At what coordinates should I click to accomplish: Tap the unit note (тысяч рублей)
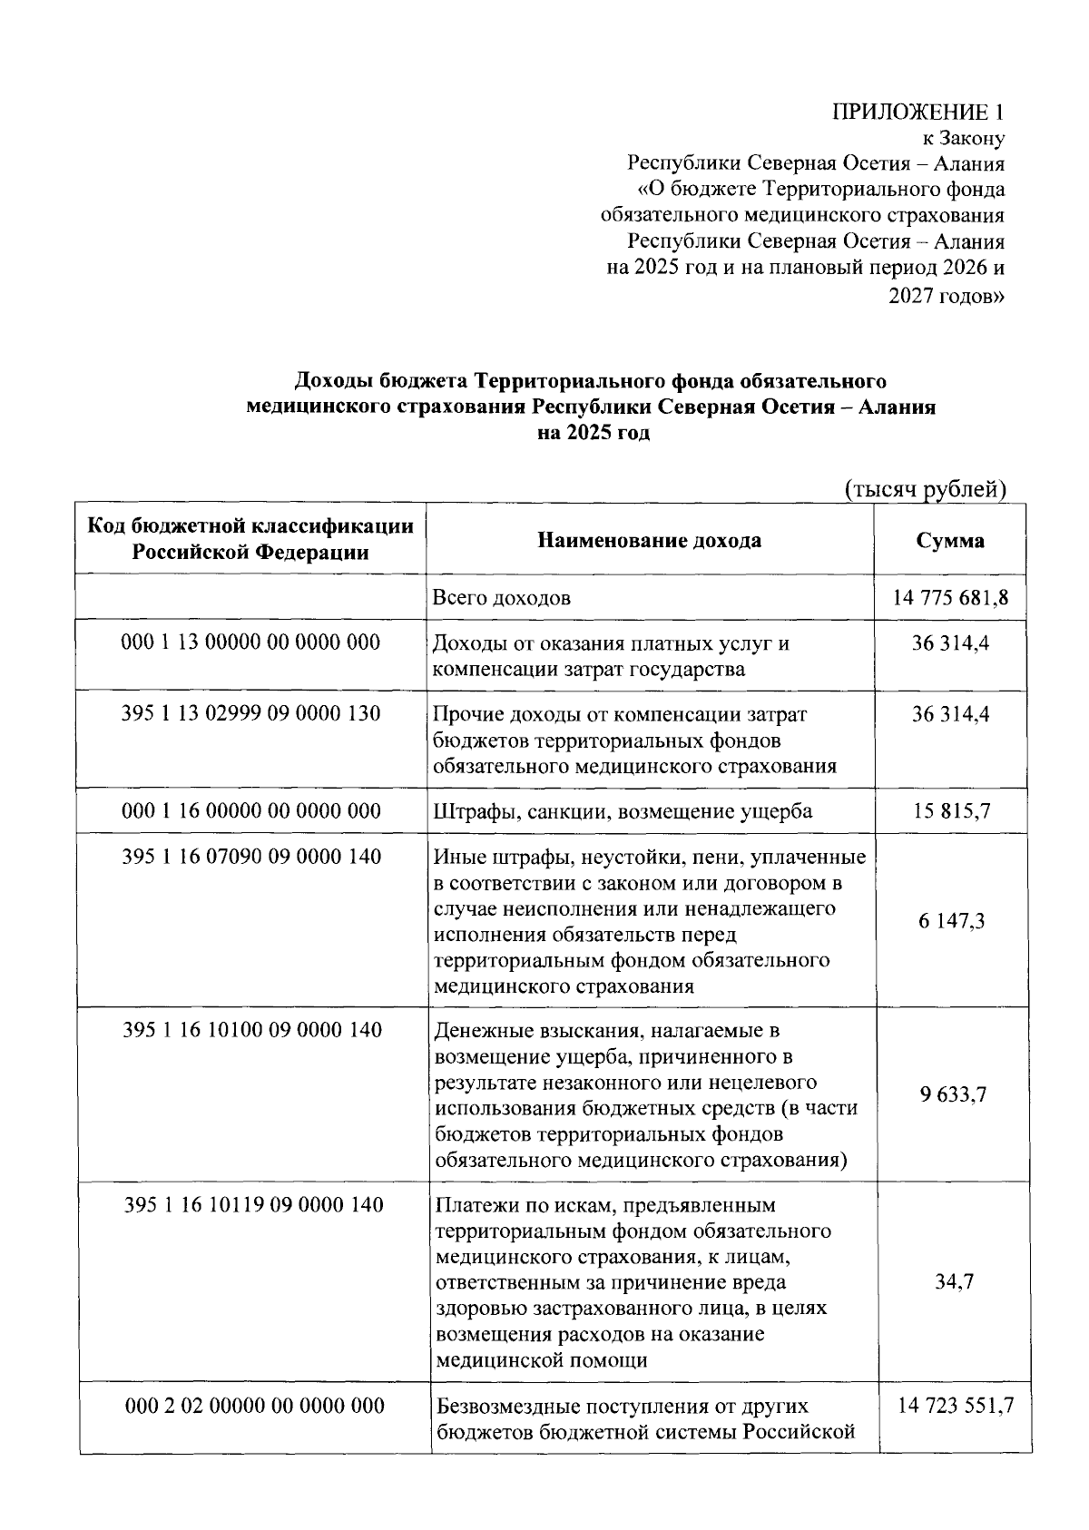(x=926, y=489)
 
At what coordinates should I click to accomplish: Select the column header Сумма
(x=950, y=541)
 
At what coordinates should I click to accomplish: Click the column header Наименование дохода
(x=650, y=541)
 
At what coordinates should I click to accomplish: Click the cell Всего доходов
(x=502, y=598)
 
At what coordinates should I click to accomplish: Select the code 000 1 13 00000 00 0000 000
(x=250, y=643)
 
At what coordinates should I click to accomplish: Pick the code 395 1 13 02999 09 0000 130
(x=250, y=714)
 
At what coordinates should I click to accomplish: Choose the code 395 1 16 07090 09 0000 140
(x=250, y=857)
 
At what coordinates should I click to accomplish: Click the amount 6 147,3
(x=951, y=921)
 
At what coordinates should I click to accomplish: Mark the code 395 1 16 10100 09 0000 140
(x=250, y=1030)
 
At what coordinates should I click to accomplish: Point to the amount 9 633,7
(x=951, y=1094)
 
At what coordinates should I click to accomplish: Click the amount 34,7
(x=954, y=1282)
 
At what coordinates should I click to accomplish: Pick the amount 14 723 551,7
(x=955, y=1407)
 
